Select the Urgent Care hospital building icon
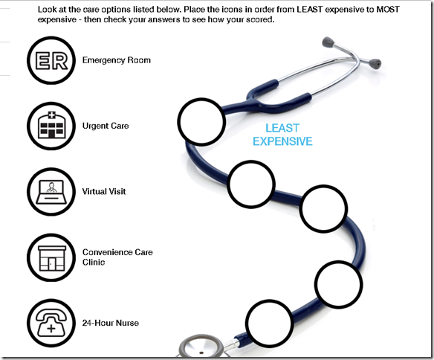click(x=51, y=125)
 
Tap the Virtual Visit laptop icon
click(x=51, y=192)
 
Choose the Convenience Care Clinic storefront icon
click(x=52, y=258)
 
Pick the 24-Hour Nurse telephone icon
click(x=51, y=323)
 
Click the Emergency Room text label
click(x=117, y=60)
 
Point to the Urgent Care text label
click(x=106, y=126)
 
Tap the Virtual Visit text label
click(x=104, y=191)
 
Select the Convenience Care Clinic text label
click(x=117, y=257)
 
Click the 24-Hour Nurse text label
click(x=111, y=323)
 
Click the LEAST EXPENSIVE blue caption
click(x=282, y=135)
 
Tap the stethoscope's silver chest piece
click(x=201, y=346)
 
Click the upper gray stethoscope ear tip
click(x=328, y=42)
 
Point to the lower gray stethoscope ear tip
click(x=375, y=64)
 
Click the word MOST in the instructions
click(x=388, y=10)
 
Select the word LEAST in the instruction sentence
click(x=310, y=10)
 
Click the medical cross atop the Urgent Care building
click(x=52, y=115)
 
